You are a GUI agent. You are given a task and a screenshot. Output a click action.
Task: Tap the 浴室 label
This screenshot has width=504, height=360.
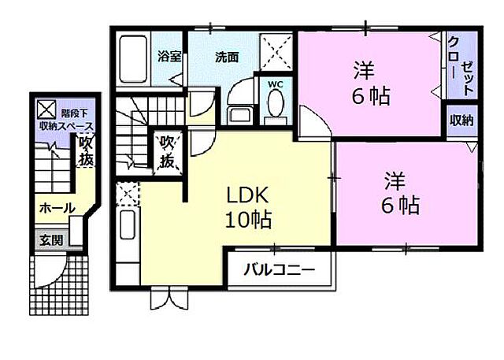pyautogui.click(x=169, y=57)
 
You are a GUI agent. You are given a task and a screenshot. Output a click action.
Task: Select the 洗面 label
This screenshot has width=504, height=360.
pyautogui.click(x=228, y=57)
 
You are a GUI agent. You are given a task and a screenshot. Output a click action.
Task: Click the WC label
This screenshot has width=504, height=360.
pyautogui.click(x=276, y=81)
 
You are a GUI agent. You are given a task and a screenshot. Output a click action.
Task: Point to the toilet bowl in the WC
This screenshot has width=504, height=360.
pyautogui.click(x=276, y=104)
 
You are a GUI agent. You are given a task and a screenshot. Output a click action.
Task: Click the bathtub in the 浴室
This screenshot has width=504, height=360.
pyautogui.click(x=133, y=58)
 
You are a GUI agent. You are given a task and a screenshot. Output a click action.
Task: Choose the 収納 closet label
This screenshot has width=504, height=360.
pyautogui.click(x=461, y=121)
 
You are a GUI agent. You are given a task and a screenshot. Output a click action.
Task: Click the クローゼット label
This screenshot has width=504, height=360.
pyautogui.click(x=461, y=66)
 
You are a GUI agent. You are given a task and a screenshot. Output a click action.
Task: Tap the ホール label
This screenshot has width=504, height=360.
pyautogui.click(x=57, y=209)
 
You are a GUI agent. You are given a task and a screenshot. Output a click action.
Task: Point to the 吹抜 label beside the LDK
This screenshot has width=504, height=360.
pyautogui.click(x=168, y=151)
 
